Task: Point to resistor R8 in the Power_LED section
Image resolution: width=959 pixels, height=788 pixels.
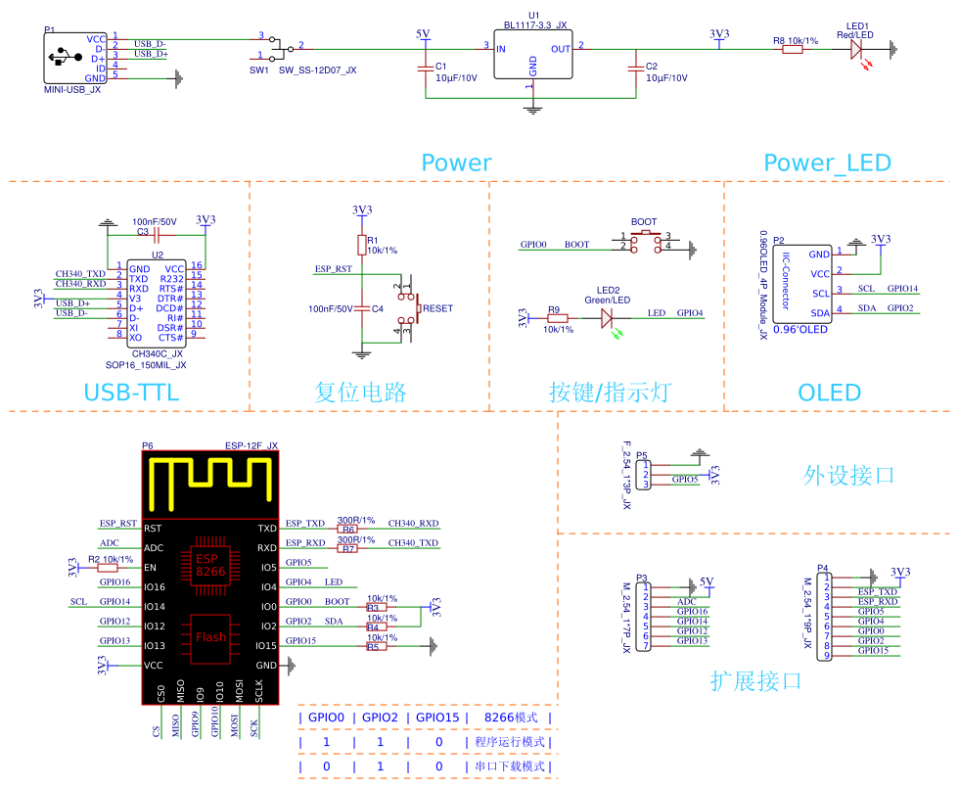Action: click(x=793, y=47)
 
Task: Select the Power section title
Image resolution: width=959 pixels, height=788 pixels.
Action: click(x=456, y=162)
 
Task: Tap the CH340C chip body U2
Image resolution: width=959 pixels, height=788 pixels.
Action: click(x=157, y=301)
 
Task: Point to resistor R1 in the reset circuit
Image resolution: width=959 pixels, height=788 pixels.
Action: click(x=362, y=244)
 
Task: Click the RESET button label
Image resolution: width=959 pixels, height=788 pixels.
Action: click(x=437, y=308)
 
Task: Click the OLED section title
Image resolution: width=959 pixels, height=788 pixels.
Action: click(x=830, y=394)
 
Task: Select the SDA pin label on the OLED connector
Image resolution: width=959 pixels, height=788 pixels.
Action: click(x=821, y=312)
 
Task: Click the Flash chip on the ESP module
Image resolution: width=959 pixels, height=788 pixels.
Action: click(x=210, y=636)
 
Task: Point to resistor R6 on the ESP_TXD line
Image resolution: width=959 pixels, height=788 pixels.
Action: click(x=348, y=529)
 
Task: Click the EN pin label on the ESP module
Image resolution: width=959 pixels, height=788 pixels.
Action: click(x=151, y=568)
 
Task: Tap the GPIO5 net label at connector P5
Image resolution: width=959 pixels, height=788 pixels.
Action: click(x=685, y=480)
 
